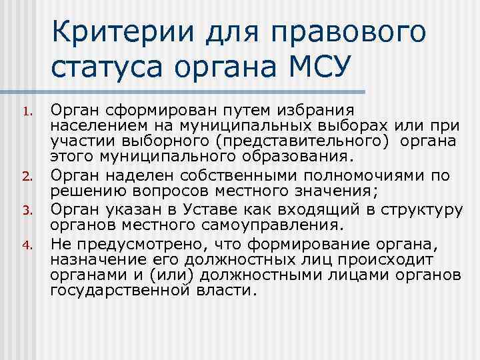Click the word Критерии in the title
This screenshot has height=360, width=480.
click(x=114, y=33)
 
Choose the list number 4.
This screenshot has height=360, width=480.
click(x=27, y=244)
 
